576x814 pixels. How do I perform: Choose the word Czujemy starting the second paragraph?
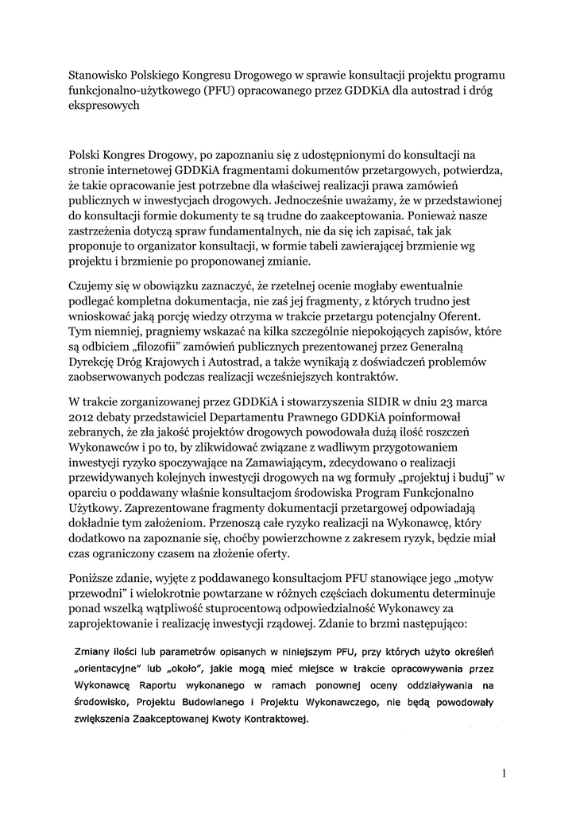tap(92, 286)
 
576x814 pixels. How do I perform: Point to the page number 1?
tap(504, 773)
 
